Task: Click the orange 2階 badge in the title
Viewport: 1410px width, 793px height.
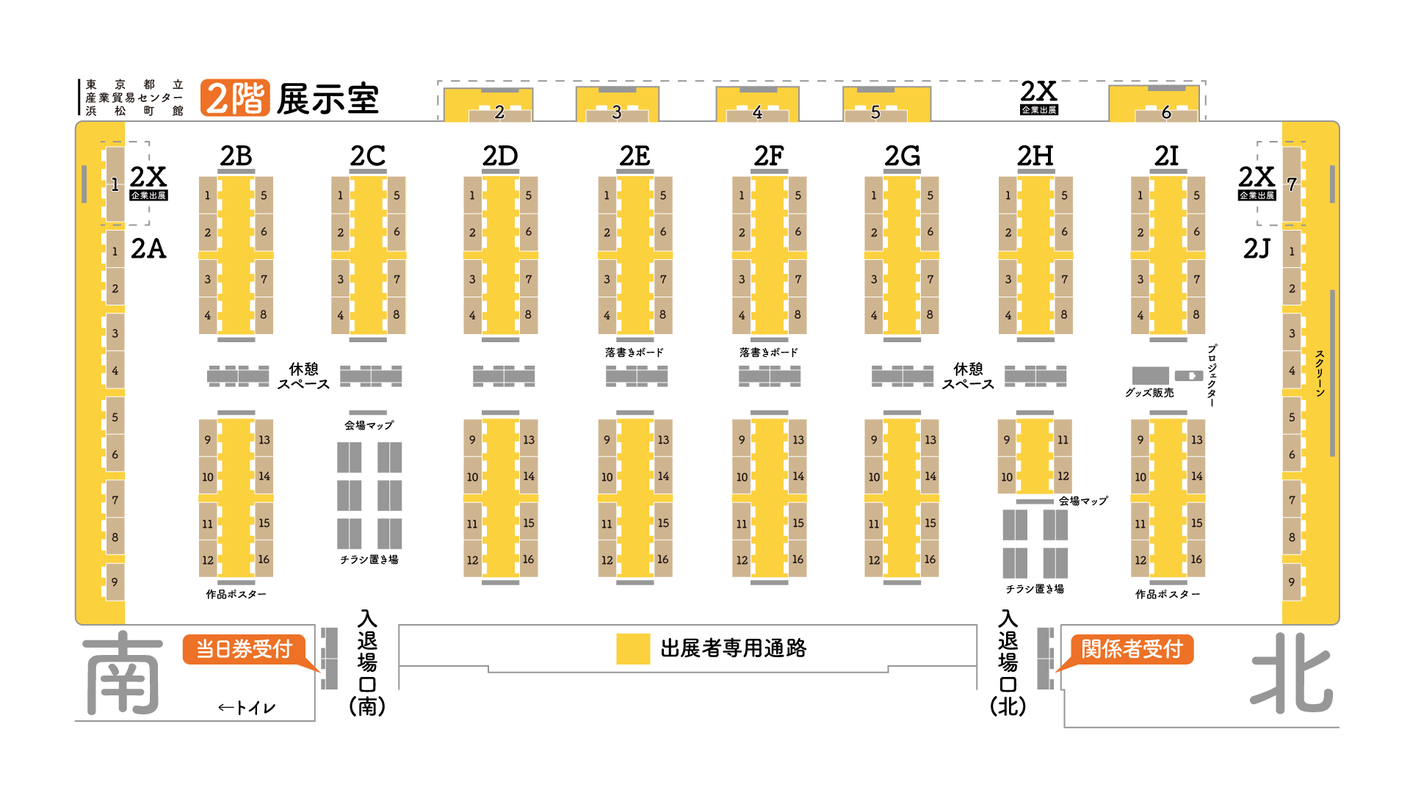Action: [x=235, y=98]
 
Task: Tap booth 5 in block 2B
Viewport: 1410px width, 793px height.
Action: [x=264, y=195]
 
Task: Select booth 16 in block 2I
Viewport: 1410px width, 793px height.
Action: [x=1196, y=560]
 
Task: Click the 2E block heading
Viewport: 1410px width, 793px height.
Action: [x=634, y=156]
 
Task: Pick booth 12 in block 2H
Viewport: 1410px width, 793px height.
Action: [x=1063, y=476]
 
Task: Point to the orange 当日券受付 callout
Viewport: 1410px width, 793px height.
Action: [x=245, y=649]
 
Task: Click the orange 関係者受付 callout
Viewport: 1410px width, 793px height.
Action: [x=1132, y=649]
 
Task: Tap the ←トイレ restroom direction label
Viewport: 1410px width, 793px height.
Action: [x=247, y=708]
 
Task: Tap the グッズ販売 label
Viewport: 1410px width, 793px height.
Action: [x=1149, y=393]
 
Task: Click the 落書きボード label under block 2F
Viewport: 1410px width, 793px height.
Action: [x=769, y=352]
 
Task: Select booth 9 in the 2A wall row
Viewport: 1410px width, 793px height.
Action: [x=115, y=582]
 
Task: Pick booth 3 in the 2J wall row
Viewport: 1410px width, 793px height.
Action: [x=1292, y=333]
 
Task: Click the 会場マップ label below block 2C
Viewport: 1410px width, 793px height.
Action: [x=369, y=425]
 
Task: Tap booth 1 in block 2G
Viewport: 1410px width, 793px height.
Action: [x=874, y=195]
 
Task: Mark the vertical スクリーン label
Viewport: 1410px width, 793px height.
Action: [x=1320, y=373]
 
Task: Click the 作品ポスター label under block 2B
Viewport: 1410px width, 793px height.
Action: [x=236, y=594]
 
